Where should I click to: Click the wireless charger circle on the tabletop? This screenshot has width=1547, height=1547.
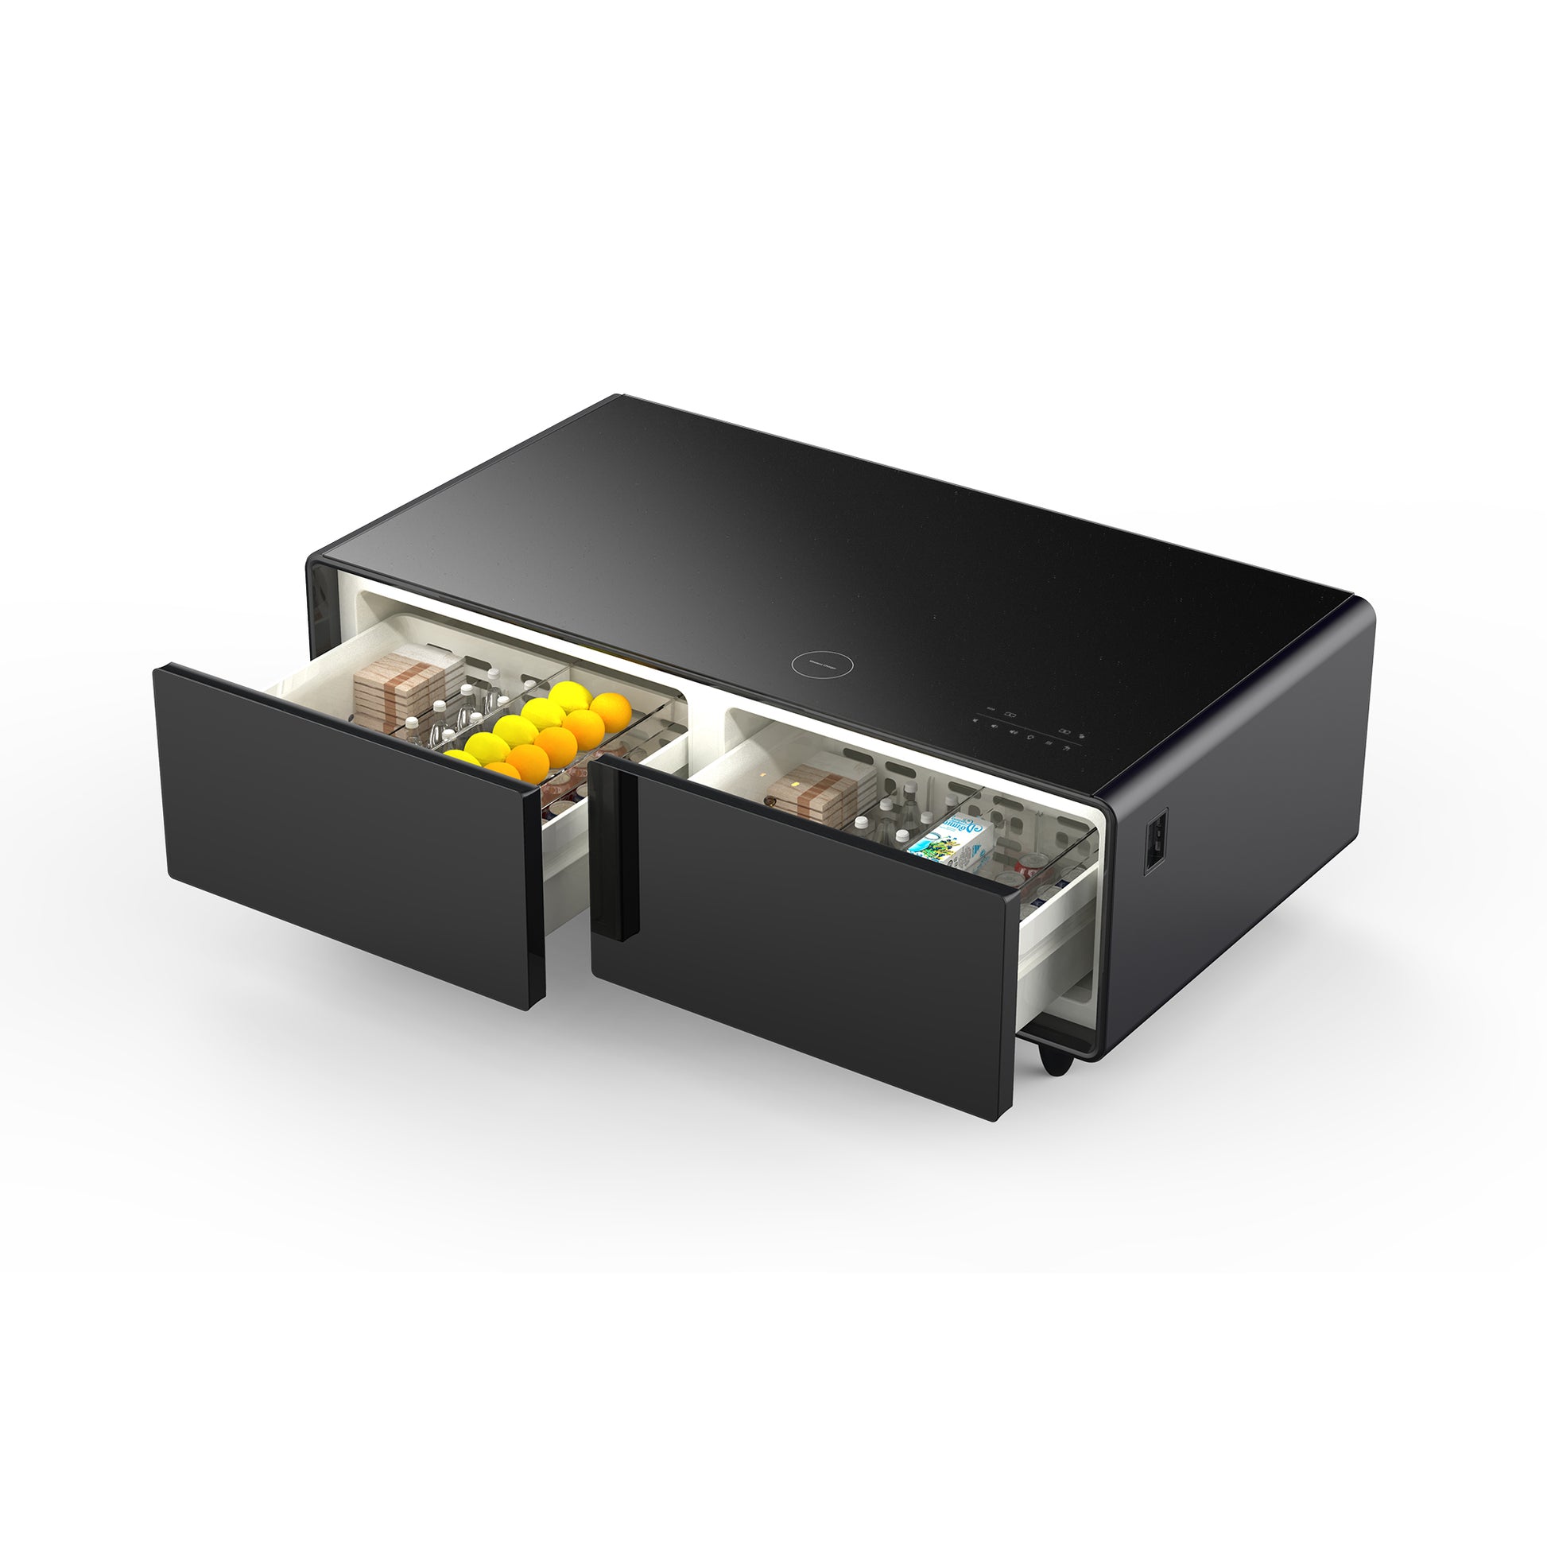[821, 665]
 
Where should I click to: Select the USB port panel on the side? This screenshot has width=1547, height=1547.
[1153, 841]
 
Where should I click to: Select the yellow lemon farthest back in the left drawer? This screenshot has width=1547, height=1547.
[570, 696]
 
